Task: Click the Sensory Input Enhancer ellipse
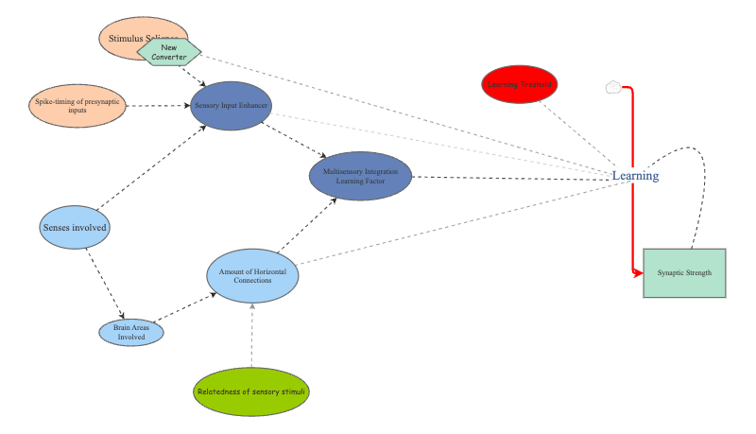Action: [232, 105]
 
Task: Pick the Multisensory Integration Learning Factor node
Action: [361, 177]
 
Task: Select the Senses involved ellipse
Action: [75, 228]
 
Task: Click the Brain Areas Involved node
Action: [131, 333]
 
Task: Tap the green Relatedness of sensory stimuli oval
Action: [252, 391]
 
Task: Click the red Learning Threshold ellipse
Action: [520, 84]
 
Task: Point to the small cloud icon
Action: [613, 88]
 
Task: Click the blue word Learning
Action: [635, 176]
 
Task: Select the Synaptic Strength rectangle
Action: [684, 273]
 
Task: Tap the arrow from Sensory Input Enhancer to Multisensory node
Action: [298, 141]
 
